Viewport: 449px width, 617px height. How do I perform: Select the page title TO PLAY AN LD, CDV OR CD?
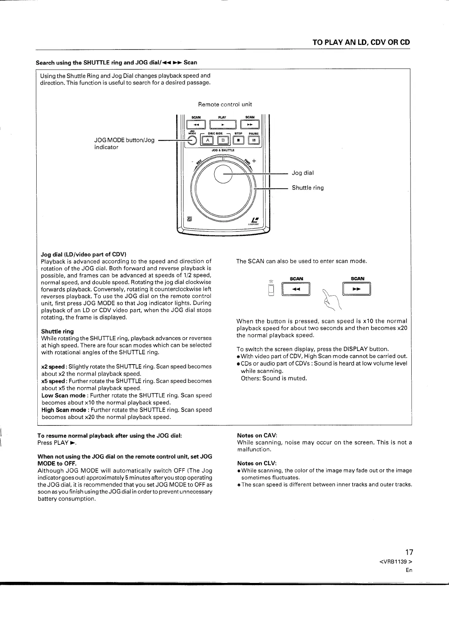pyautogui.click(x=361, y=42)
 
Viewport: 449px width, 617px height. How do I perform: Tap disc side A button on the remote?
pyautogui.click(x=208, y=140)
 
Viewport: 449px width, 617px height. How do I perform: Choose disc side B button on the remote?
pyautogui.click(x=223, y=140)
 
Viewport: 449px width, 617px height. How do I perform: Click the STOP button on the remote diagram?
pyautogui.click(x=238, y=140)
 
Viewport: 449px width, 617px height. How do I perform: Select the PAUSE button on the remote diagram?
pyautogui.click(x=253, y=140)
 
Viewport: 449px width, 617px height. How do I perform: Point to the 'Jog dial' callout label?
pyautogui.click(x=303, y=173)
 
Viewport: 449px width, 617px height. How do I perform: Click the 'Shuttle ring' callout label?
pyautogui.click(x=308, y=188)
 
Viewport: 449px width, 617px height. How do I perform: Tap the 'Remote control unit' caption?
pyautogui.click(x=225, y=104)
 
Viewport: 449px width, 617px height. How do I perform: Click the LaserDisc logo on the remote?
pyautogui.click(x=253, y=221)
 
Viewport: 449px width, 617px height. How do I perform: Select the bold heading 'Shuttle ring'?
pyautogui.click(x=57, y=331)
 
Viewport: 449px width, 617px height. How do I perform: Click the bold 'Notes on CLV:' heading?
pyautogui.click(x=257, y=463)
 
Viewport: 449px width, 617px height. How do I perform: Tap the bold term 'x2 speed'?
pyautogui.click(x=53, y=366)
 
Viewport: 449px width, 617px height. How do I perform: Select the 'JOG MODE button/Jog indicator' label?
pyautogui.click(x=124, y=144)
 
